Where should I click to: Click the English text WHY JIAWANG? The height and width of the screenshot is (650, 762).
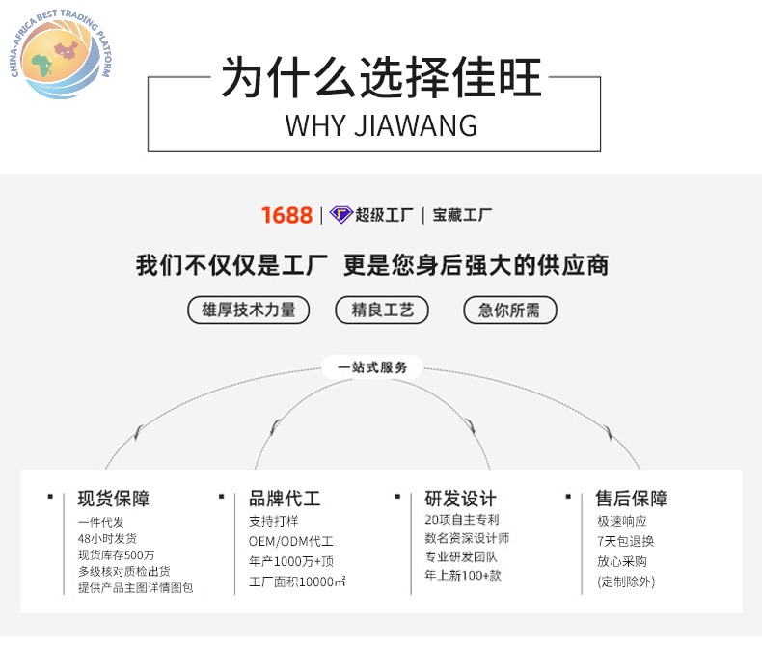(381, 125)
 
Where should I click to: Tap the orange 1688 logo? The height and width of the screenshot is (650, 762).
(286, 215)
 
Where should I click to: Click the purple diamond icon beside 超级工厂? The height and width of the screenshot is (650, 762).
(340, 215)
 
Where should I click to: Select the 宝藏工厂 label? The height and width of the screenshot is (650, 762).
(463, 215)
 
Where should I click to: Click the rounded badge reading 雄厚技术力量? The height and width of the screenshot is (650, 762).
(248, 310)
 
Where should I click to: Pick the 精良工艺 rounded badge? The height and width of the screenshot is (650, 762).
(382, 310)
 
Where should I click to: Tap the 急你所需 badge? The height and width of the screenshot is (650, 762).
(509, 310)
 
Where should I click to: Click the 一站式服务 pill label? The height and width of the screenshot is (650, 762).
(372, 367)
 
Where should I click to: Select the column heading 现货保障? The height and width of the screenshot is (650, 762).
(114, 499)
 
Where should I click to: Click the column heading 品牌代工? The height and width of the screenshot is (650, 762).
(285, 499)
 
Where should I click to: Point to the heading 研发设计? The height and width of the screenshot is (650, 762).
(460, 499)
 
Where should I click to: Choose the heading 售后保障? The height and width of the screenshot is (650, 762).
(632, 499)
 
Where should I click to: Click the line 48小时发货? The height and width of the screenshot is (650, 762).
(107, 539)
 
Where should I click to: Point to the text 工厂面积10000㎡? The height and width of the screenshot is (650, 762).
(297, 582)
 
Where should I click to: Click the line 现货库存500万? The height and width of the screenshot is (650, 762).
(116, 555)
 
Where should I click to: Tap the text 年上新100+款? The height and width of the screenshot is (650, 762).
(463, 575)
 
